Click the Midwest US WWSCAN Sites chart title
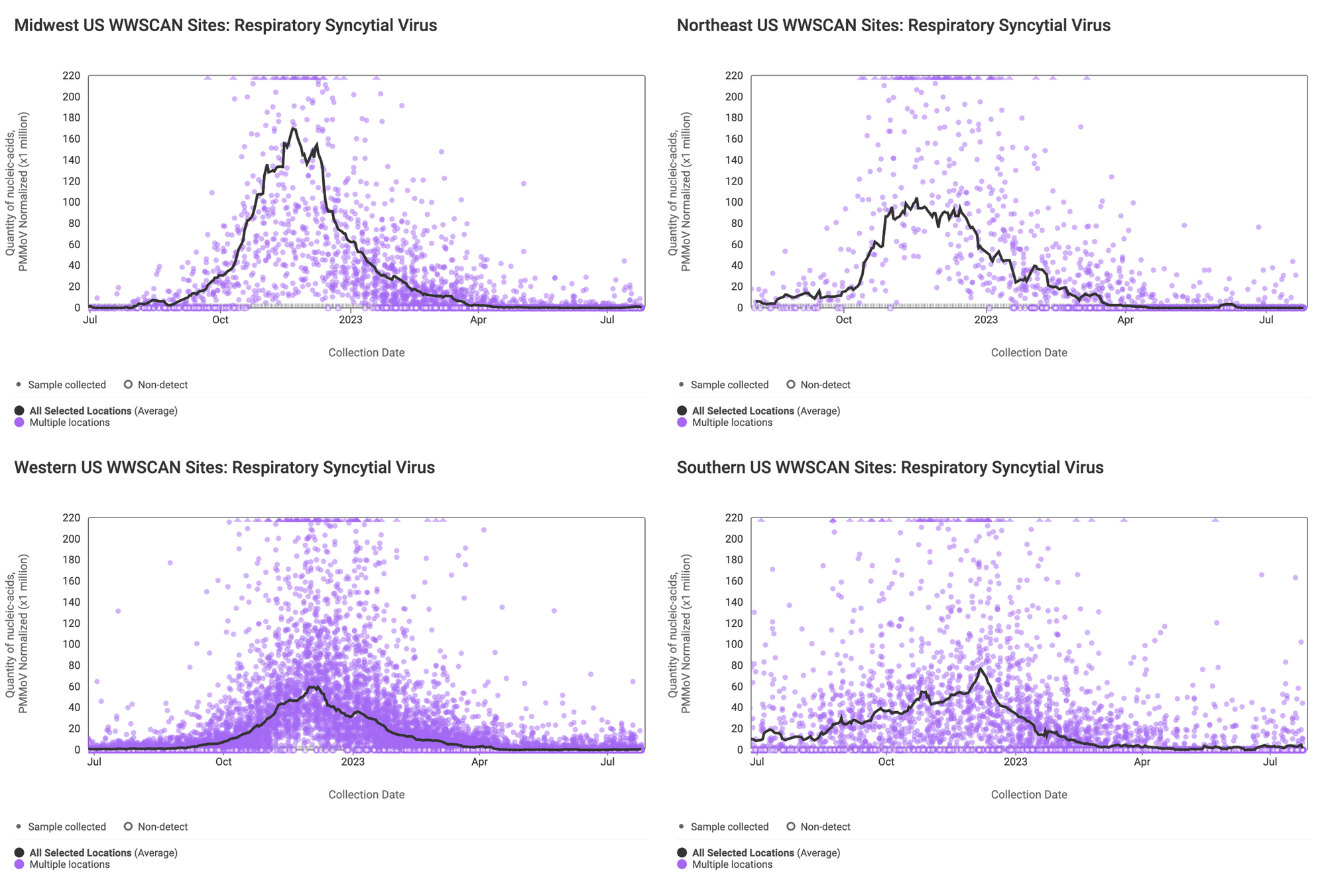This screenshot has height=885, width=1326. click(x=225, y=26)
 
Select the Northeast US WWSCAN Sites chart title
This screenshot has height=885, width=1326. click(x=893, y=26)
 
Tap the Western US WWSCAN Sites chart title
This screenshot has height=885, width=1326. click(x=224, y=468)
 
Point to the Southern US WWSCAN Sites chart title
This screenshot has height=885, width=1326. click(x=890, y=468)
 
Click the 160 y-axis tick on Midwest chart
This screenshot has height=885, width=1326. click(x=71, y=139)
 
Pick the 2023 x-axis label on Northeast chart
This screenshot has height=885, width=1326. click(x=985, y=320)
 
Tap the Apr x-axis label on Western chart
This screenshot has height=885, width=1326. click(x=479, y=762)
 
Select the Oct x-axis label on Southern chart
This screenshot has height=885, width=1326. click(x=886, y=762)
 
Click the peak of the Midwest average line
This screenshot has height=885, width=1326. click(x=293, y=128)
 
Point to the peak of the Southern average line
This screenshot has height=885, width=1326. click(x=980, y=669)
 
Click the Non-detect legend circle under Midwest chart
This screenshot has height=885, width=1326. click(x=129, y=385)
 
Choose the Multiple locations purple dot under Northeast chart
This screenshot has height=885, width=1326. click(x=682, y=423)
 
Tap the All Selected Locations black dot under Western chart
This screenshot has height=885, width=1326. click(x=19, y=853)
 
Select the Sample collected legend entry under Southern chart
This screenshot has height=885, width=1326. click(x=723, y=827)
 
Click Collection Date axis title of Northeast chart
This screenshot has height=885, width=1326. click(x=1029, y=353)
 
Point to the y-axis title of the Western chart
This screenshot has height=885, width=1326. click(x=17, y=634)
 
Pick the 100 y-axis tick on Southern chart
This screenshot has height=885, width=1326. click(x=734, y=645)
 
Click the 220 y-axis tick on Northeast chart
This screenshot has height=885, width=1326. click(x=734, y=76)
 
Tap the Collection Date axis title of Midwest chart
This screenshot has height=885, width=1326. click(x=366, y=353)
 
